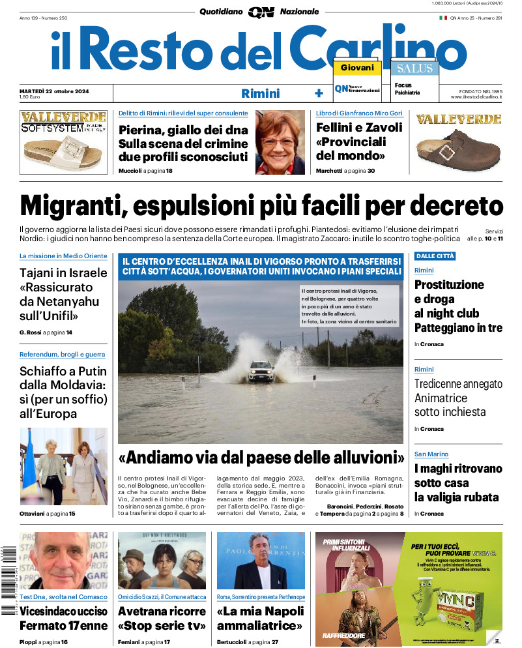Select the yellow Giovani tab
[357, 68]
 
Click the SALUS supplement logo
[414, 68]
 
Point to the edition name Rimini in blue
[260, 93]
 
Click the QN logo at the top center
[261, 12]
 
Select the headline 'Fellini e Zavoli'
[359, 128]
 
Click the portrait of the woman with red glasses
[280, 142]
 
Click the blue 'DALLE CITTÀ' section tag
[435, 256]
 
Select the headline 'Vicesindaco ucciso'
[63, 611]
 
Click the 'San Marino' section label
[431, 454]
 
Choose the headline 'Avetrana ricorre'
[162, 611]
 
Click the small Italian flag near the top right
[442, 18]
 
